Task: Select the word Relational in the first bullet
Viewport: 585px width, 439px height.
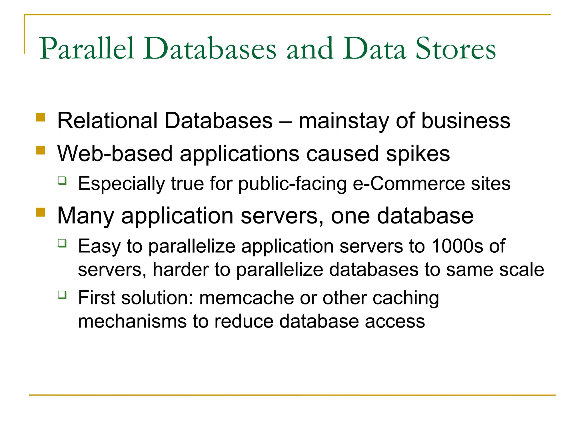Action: click(x=107, y=121)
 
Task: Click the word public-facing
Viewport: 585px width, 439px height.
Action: click(x=292, y=184)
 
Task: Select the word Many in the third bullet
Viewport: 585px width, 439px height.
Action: click(x=86, y=216)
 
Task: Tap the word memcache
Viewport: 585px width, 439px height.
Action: click(x=247, y=298)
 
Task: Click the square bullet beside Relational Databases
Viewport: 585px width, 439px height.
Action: click(x=41, y=117)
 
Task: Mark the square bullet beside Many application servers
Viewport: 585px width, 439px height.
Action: click(x=41, y=212)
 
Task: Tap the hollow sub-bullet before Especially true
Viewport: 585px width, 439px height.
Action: click(x=62, y=181)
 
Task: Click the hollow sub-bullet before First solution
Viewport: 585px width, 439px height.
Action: click(x=62, y=295)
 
